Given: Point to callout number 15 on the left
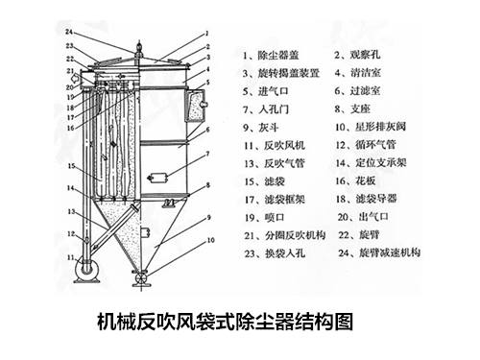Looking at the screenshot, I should [70, 164].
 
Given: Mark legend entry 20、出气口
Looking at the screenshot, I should [368, 219].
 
